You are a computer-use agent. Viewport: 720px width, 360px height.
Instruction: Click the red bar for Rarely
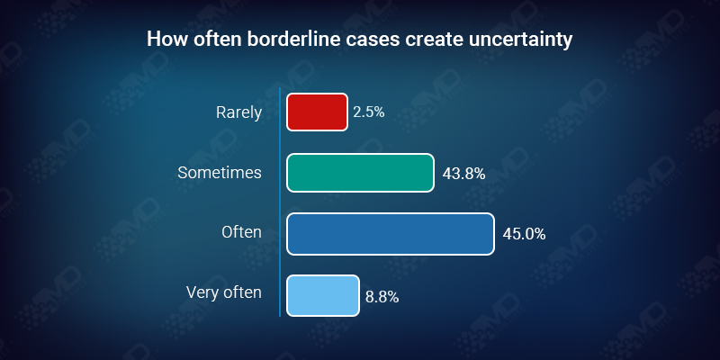(x=317, y=112)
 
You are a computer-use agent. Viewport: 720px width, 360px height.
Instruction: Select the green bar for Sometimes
(x=360, y=172)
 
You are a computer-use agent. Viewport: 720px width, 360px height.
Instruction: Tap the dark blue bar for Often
(x=391, y=233)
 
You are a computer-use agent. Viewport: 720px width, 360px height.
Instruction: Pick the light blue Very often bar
(x=323, y=294)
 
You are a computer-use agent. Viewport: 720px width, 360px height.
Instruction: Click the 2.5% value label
(x=369, y=112)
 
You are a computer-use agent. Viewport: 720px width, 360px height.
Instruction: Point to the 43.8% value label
(x=463, y=174)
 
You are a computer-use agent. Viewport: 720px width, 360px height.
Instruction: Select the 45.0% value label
(x=524, y=234)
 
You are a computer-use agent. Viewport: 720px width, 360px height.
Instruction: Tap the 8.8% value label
(x=382, y=294)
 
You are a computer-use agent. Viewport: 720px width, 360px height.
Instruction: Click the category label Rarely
(x=238, y=112)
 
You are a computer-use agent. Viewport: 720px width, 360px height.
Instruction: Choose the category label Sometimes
(x=220, y=172)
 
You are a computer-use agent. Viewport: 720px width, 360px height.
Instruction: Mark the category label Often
(x=241, y=232)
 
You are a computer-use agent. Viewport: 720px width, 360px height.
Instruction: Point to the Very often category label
(x=223, y=292)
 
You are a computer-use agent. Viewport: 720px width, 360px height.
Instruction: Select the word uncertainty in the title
(x=521, y=40)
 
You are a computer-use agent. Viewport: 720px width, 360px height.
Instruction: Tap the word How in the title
(x=164, y=40)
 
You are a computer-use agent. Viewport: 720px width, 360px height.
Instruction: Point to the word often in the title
(x=208, y=40)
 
